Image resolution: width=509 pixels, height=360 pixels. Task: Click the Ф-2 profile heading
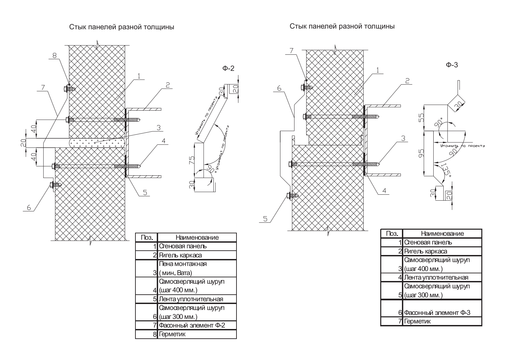click(x=228, y=68)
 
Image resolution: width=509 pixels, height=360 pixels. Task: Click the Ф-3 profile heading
click(x=452, y=65)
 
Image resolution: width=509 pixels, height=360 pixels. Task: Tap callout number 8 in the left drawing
click(x=55, y=55)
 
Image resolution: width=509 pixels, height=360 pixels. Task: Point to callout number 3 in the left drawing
click(x=159, y=128)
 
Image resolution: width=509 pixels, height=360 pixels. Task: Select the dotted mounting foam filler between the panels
click(x=97, y=143)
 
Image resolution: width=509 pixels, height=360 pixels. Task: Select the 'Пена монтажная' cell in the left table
click(x=183, y=264)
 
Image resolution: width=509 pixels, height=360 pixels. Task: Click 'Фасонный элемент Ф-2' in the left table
click(x=192, y=325)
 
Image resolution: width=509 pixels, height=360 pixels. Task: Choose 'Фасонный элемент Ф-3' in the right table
click(x=437, y=313)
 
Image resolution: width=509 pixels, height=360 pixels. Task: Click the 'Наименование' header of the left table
click(x=197, y=237)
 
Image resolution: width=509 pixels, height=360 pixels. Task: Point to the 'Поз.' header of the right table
click(x=392, y=233)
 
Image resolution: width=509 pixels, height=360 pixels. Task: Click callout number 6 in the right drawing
click(x=279, y=88)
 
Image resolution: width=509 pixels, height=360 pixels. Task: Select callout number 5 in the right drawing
click(x=265, y=219)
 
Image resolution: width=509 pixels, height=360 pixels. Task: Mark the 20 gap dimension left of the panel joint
click(x=23, y=143)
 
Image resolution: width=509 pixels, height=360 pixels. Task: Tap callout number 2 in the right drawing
click(x=407, y=81)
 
